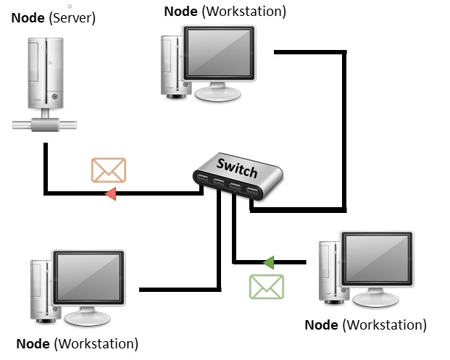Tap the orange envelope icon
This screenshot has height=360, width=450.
(109, 169)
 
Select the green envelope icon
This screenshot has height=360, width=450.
(266, 287)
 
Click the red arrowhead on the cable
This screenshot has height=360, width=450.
(111, 193)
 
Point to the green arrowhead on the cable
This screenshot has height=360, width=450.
(268, 261)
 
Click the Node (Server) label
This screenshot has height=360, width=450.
(53, 17)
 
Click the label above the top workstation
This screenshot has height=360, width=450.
(225, 11)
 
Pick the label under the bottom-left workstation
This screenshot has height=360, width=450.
(77, 343)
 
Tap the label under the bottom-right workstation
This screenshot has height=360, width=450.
(365, 325)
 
